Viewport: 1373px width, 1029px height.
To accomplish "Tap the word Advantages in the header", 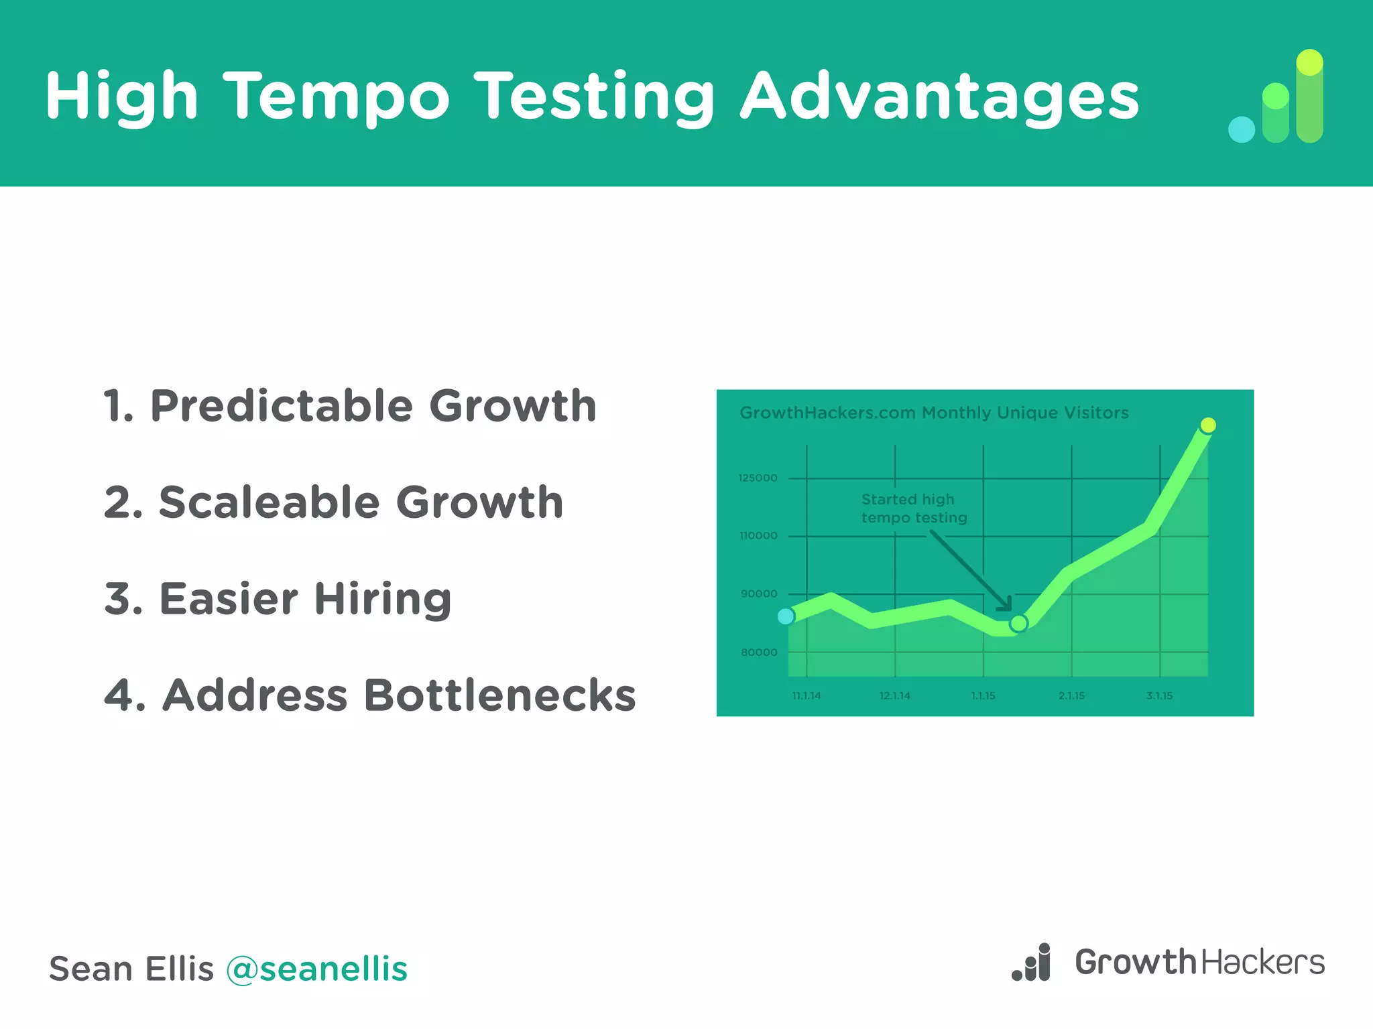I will tap(939, 97).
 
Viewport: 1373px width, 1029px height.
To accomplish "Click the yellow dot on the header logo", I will tap(1309, 62).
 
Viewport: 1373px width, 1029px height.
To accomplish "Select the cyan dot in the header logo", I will tap(1241, 129).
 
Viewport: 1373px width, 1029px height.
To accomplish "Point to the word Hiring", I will tap(383, 598).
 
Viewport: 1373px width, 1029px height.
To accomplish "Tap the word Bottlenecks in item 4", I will tap(499, 695).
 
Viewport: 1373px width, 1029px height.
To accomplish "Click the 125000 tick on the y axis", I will tap(758, 478).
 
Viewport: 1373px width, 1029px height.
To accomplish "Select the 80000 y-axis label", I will tap(759, 653).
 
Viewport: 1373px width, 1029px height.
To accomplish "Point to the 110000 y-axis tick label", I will tap(758, 536).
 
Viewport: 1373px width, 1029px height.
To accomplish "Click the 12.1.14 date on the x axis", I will tap(894, 696).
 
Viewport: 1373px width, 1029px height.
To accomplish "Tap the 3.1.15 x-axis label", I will tap(1159, 696).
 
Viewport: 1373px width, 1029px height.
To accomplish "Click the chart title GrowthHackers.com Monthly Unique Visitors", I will tap(934, 413).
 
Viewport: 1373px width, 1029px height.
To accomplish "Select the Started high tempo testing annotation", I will tap(913, 508).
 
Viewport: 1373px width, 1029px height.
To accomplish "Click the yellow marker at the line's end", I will tap(1208, 425).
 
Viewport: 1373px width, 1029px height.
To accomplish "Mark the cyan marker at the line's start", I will tap(786, 616).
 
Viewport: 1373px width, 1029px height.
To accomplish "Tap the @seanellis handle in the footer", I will tap(316, 969).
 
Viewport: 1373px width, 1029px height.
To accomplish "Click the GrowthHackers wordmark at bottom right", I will tap(1199, 963).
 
